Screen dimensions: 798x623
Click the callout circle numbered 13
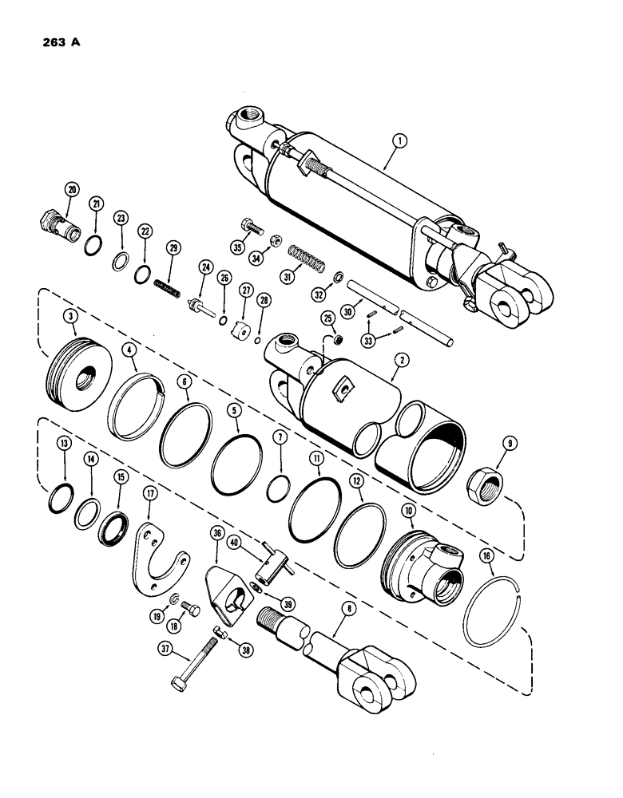(63, 467)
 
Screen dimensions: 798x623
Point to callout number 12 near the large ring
(355, 484)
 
